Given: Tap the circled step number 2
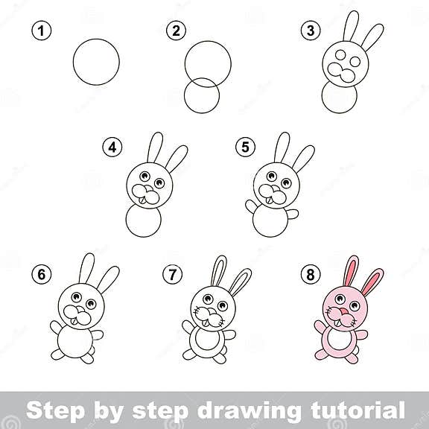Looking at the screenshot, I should click(x=177, y=31).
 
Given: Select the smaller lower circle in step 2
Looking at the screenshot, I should click(x=201, y=98).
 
